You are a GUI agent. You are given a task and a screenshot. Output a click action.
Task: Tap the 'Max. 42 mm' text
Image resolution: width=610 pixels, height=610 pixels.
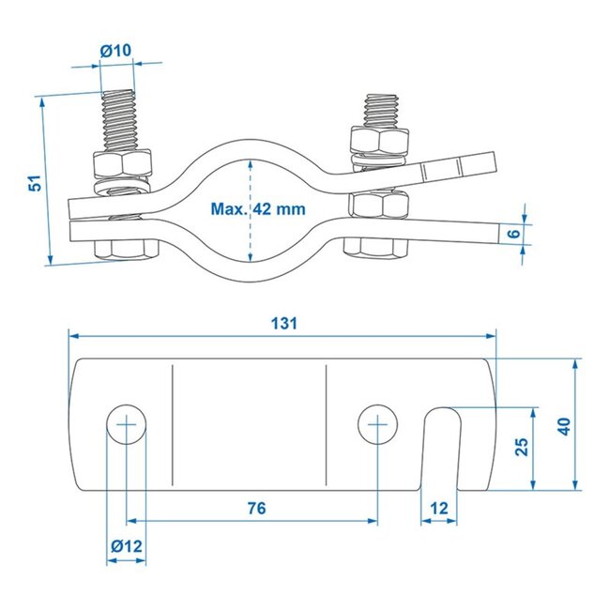click(x=257, y=209)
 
